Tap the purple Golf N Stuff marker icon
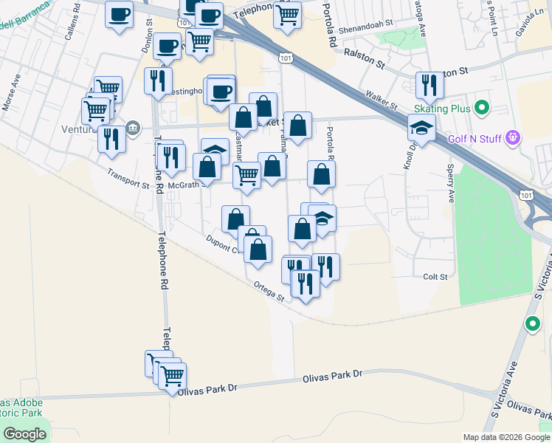click(514, 137)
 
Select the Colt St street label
click(435, 277)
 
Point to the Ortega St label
click(269, 293)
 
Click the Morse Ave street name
click(11, 93)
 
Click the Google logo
click(24, 433)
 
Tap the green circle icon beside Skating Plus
click(482, 109)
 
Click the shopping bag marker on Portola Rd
click(321, 174)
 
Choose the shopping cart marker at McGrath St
click(246, 176)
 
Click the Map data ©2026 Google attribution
click(505, 437)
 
